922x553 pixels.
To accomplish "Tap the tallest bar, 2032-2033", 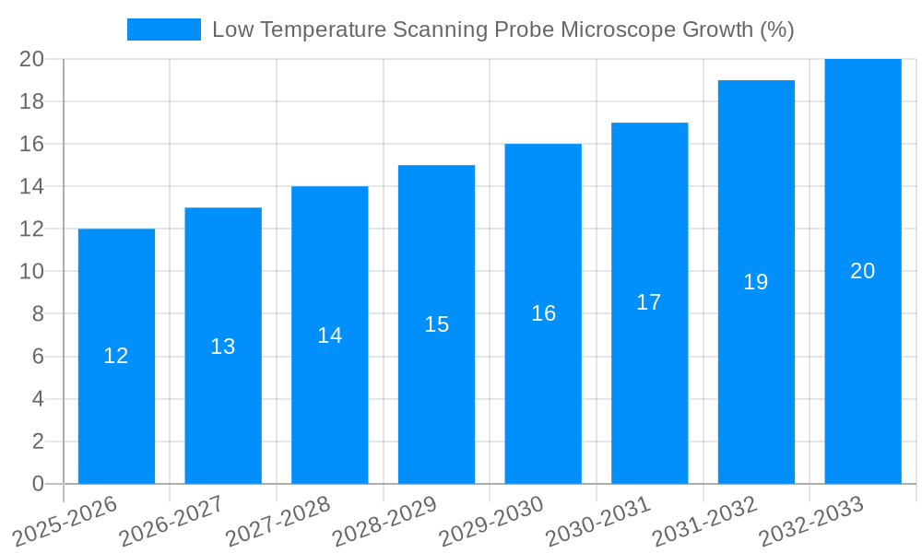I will [x=863, y=369].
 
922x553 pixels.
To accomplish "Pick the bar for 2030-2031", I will [x=649, y=387].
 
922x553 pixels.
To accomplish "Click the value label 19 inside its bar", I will [x=755, y=282].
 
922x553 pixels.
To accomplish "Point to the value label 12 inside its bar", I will [x=116, y=356].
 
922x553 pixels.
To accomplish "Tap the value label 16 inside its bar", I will [x=543, y=313].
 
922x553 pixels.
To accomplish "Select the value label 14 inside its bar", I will [x=329, y=335].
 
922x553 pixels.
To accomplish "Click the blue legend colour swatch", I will [x=163, y=29].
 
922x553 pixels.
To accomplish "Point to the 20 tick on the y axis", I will [x=31, y=59].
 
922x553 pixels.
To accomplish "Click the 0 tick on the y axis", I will [x=38, y=484].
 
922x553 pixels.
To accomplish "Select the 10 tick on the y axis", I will [x=31, y=272].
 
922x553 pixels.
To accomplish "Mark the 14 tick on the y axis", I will [x=31, y=187].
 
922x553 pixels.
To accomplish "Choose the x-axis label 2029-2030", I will [x=491, y=521].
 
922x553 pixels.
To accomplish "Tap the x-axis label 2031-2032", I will [x=704, y=521].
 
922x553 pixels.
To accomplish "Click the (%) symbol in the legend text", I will [x=776, y=29].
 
